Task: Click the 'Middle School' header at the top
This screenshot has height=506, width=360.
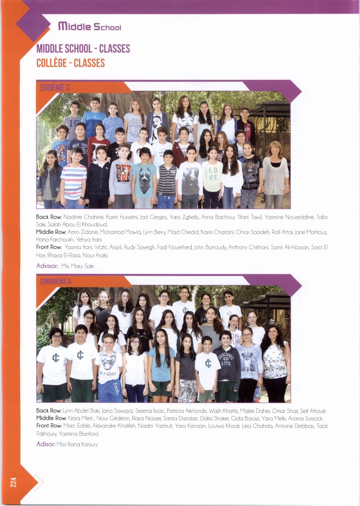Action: tap(90, 27)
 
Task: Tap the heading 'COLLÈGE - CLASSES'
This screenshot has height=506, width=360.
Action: tap(70, 63)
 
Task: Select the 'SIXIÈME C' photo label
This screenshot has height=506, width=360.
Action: tap(55, 88)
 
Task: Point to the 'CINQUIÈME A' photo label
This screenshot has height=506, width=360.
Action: tap(55, 281)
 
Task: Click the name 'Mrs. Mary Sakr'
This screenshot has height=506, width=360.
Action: tap(77, 266)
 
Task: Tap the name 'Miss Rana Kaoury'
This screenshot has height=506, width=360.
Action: tap(77, 444)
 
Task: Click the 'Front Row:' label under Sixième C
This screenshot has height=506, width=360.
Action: tap(49, 247)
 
